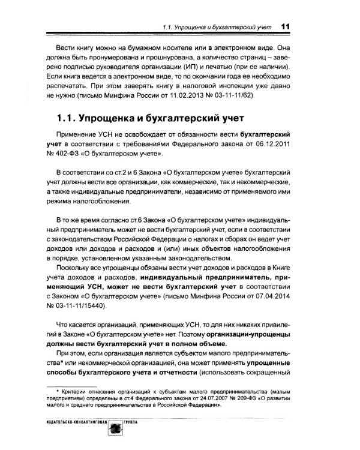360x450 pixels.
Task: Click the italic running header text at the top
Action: click(216, 26)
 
